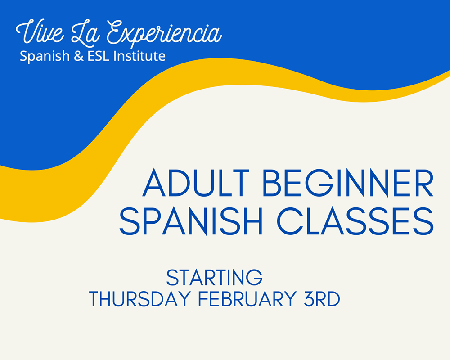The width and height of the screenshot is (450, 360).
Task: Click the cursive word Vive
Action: (40, 31)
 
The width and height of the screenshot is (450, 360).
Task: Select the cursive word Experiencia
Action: (164, 34)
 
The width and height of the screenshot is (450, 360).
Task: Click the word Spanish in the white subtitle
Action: (45, 56)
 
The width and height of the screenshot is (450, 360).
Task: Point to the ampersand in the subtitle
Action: (78, 56)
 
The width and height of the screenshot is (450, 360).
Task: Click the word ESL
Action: (98, 56)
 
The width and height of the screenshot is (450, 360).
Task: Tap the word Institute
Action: (139, 56)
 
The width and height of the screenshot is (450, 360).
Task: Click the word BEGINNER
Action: (348, 183)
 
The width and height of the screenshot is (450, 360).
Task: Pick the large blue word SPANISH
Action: (191, 221)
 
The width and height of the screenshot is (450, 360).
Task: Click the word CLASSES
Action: (355, 221)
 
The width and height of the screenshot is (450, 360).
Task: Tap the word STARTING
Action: (214, 278)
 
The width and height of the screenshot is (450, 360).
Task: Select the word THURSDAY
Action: (140, 299)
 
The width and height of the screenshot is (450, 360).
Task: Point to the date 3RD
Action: (322, 299)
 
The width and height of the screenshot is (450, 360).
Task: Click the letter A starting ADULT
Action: (154, 183)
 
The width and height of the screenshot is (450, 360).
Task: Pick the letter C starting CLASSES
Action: (290, 221)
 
